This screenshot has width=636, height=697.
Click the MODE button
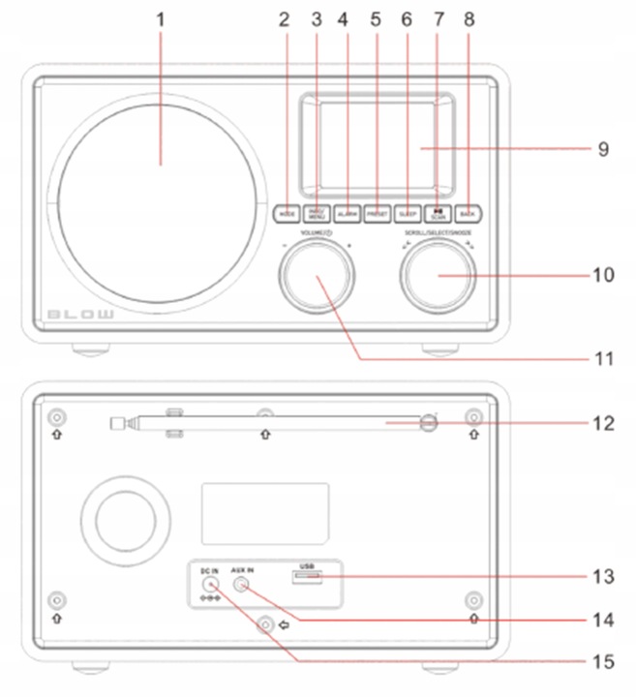(x=287, y=212)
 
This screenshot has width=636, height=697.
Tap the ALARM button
(x=348, y=212)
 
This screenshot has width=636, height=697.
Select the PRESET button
(x=378, y=212)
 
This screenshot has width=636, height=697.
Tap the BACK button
(x=469, y=212)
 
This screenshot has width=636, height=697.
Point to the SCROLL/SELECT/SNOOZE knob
(x=439, y=277)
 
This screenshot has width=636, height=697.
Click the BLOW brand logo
(x=81, y=316)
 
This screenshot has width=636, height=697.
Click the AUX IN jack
(x=241, y=584)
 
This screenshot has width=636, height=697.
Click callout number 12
(x=601, y=423)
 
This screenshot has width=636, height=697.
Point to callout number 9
(x=602, y=149)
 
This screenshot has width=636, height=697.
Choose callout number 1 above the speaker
(x=161, y=18)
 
